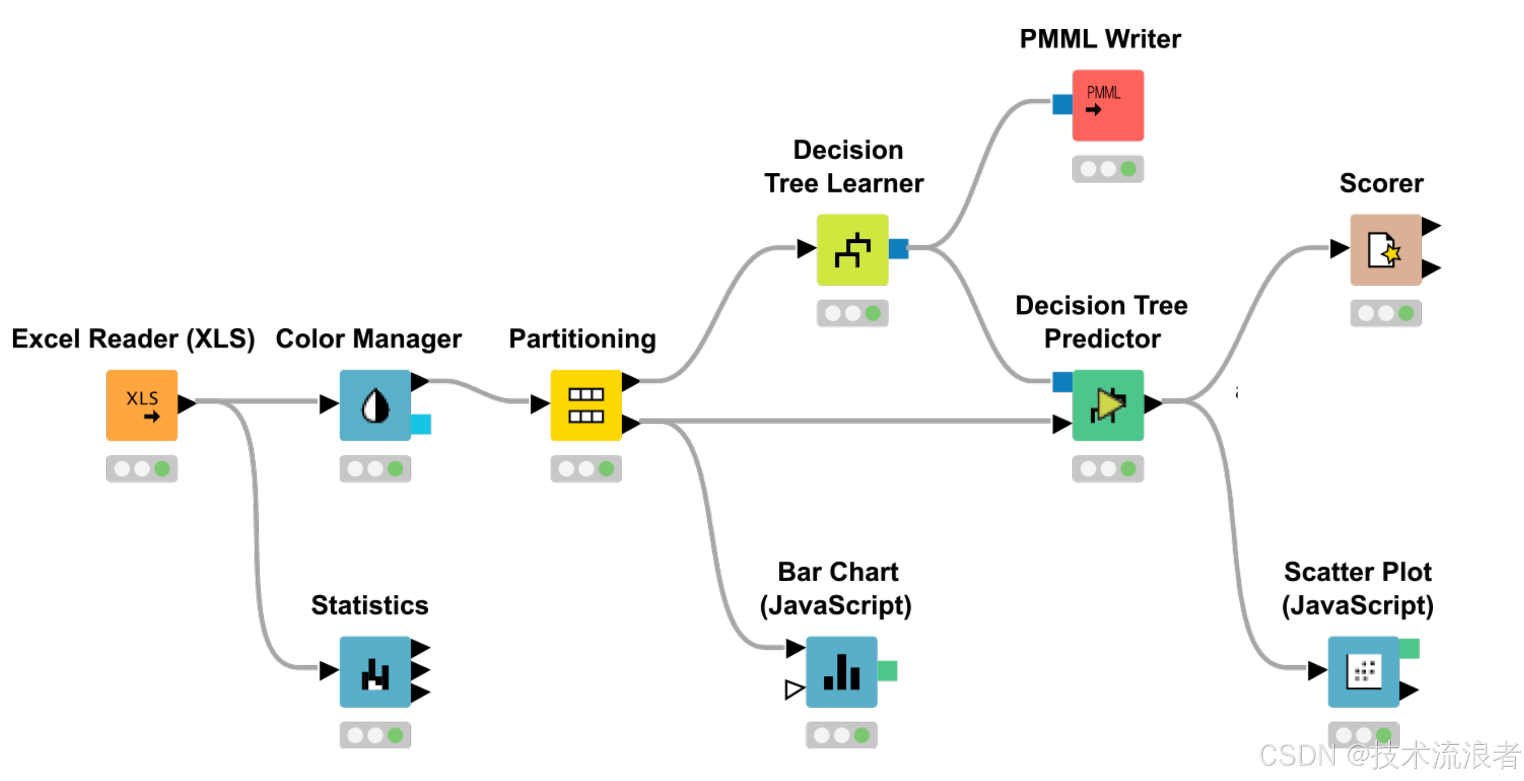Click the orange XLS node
pyautogui.click(x=142, y=405)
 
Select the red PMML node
pyautogui.click(x=1107, y=105)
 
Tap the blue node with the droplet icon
pyautogui.click(x=374, y=405)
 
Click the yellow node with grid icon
pyautogui.click(x=585, y=405)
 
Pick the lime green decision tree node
pyautogui.click(x=852, y=250)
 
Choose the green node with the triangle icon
pyautogui.click(x=1107, y=405)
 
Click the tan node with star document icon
pyautogui.click(x=1385, y=250)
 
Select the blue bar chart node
pyautogui.click(x=841, y=671)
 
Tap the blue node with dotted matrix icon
pyautogui.click(x=1363, y=671)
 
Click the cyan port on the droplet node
pyautogui.click(x=421, y=424)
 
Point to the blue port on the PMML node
pyautogui.click(x=1062, y=104)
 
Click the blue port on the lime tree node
pyautogui.click(x=899, y=249)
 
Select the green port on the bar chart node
pyautogui.click(x=887, y=670)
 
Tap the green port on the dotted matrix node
pyautogui.click(x=1409, y=648)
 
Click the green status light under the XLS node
pyautogui.click(x=161, y=469)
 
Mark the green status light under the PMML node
pyautogui.click(x=1128, y=169)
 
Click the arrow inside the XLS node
pyautogui.click(x=152, y=416)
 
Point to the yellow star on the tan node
pyautogui.click(x=1392, y=254)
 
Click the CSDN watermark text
pyautogui.click(x=1388, y=755)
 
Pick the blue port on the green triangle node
pyautogui.click(x=1062, y=382)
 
